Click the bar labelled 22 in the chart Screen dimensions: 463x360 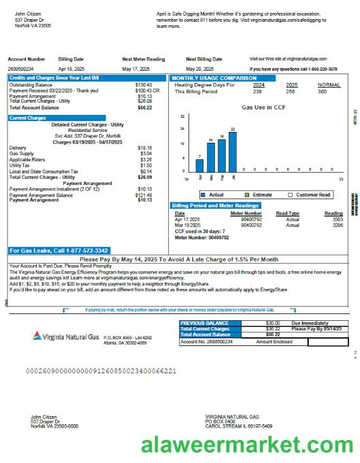tap(233, 151)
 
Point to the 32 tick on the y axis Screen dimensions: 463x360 tap(182, 116)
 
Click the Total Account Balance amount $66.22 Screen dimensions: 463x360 tap(144, 107)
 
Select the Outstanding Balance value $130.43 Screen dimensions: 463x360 tap(144, 85)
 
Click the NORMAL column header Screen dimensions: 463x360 tap(329, 85)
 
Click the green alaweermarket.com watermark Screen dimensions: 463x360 tap(248, 446)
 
